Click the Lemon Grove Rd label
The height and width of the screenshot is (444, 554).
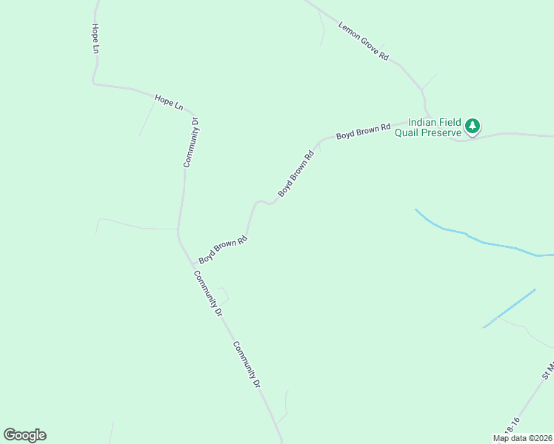click(x=364, y=41)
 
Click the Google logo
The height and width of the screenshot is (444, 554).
click(x=24, y=435)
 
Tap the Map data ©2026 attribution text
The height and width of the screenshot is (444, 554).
click(x=522, y=438)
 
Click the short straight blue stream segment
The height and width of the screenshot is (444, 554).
click(x=510, y=309)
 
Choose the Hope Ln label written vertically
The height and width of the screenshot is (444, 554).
click(x=95, y=39)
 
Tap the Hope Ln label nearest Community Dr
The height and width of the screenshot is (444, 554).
click(x=168, y=101)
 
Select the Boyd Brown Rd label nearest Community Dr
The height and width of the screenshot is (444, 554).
click(x=222, y=250)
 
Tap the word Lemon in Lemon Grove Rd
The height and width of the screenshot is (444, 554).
click(x=348, y=30)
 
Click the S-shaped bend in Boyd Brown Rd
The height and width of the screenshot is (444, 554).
click(x=264, y=202)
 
